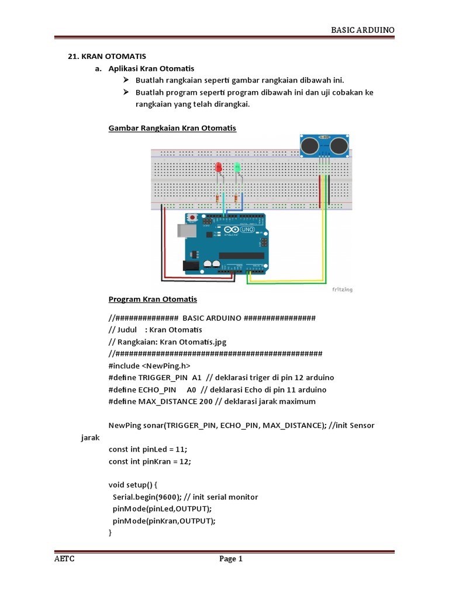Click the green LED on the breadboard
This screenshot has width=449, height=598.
(x=237, y=168)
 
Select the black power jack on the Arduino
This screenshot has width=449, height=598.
(x=192, y=266)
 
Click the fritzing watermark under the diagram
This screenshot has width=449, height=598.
(x=342, y=289)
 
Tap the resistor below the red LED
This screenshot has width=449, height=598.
(x=219, y=199)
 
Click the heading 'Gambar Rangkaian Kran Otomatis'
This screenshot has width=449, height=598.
(x=172, y=128)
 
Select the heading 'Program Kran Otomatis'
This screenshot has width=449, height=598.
(x=153, y=299)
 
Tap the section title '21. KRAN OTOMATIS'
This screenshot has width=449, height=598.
(x=107, y=57)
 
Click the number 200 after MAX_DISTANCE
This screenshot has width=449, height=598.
(x=206, y=401)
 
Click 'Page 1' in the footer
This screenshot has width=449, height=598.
(x=231, y=559)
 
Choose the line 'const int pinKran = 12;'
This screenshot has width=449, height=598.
(x=150, y=461)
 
